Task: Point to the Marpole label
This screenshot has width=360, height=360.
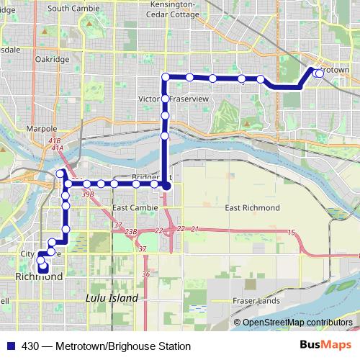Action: pyautogui.click(x=41, y=129)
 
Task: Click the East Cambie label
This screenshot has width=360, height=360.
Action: pyautogui.click(x=131, y=208)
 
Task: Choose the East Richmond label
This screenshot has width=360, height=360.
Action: pyautogui.click(x=252, y=208)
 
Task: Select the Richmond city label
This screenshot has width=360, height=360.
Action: pyautogui.click(x=38, y=276)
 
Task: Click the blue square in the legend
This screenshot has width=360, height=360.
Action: pyautogui.click(x=10, y=346)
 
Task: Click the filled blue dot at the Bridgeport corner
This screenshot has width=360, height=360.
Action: pyautogui.click(x=166, y=186)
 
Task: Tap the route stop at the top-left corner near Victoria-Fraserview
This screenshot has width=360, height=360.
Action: pyautogui.click(x=166, y=77)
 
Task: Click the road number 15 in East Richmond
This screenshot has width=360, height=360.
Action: pyautogui.click(x=291, y=232)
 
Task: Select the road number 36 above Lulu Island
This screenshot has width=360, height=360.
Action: pyautogui.click(x=145, y=274)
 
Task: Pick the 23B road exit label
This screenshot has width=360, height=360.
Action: pyautogui.click(x=130, y=231)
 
